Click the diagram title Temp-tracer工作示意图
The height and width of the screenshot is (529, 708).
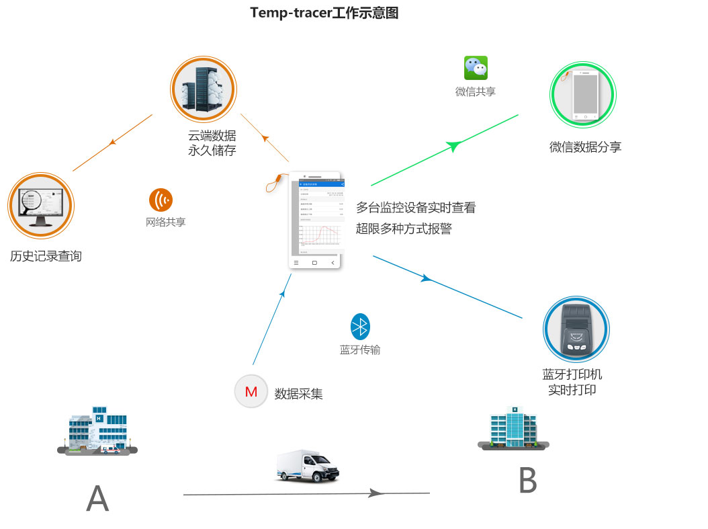324,13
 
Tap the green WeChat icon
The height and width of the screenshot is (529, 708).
476,68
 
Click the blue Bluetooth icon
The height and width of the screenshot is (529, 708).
361,327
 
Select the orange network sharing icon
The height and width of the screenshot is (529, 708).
161,200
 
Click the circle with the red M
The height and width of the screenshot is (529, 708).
251,392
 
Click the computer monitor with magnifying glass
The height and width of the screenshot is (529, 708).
40,205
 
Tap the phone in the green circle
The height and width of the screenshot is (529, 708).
583,95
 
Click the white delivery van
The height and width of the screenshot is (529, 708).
307,466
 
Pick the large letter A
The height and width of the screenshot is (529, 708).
97,498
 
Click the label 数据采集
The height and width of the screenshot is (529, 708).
299,394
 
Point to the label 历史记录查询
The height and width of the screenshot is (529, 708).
46,256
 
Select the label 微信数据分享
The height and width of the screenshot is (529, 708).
585,147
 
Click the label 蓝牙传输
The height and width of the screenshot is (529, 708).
360,350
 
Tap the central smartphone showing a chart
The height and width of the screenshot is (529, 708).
316,221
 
